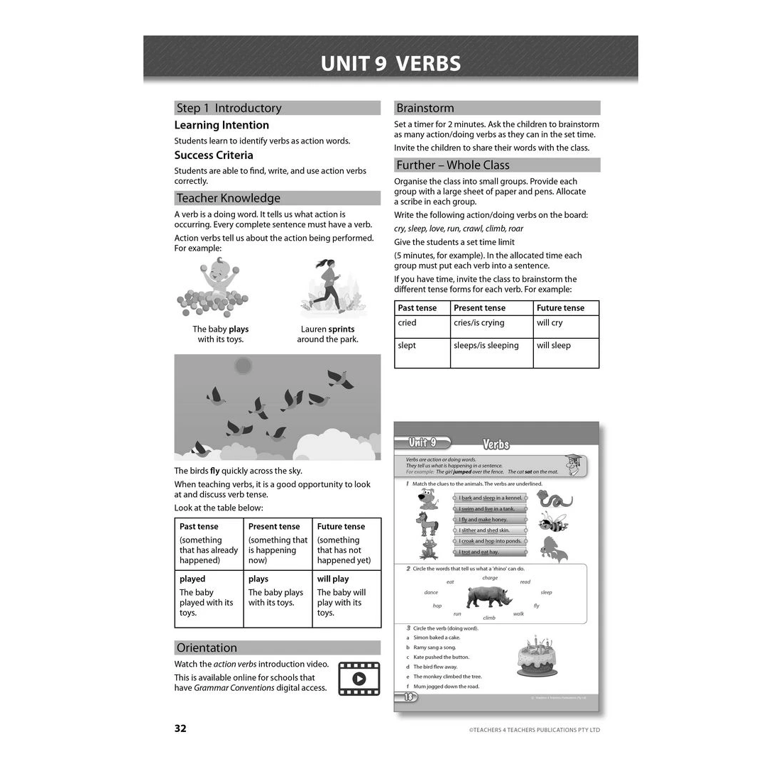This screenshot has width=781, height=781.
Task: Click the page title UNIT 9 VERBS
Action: (x=390, y=63)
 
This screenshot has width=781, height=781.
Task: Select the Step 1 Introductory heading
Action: (x=229, y=108)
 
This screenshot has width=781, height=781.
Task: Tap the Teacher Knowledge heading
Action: (x=228, y=198)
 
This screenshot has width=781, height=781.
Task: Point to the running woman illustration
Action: (x=328, y=287)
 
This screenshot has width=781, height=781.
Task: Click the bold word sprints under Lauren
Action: (x=342, y=329)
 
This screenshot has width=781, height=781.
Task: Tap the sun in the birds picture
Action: (x=244, y=366)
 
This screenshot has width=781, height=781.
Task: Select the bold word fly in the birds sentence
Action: (x=214, y=471)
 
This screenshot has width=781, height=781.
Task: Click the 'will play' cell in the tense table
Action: (x=333, y=579)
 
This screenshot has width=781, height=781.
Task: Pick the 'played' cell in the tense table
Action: (x=192, y=579)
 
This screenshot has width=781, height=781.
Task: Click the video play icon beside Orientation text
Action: (x=359, y=678)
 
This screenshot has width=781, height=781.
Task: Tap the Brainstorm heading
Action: (x=425, y=108)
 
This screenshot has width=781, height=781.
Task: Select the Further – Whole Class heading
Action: (x=452, y=165)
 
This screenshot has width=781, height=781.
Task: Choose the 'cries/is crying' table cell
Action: (x=479, y=323)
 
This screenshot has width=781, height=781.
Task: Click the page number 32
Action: (x=180, y=728)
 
